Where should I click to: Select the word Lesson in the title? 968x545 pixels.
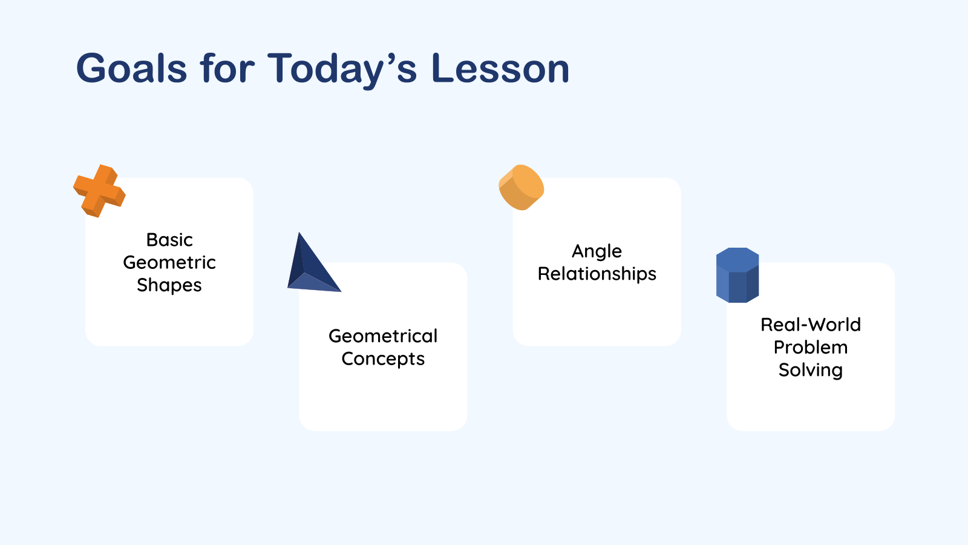point(500,68)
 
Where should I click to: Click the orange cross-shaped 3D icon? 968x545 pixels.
point(99,191)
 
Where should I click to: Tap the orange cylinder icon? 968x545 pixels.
point(520,188)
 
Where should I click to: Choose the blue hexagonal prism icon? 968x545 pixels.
point(737,275)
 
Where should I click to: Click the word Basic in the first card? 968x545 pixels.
point(169,240)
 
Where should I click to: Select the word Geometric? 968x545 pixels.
point(169,262)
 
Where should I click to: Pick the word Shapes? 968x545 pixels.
point(169,285)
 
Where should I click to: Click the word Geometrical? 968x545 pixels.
point(383,336)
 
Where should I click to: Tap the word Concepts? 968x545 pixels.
point(383,358)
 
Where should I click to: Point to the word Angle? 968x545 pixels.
point(597,251)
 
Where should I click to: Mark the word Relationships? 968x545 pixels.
point(597,274)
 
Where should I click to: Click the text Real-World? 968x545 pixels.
point(810,325)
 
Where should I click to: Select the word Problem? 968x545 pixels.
point(810,347)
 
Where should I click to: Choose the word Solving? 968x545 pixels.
point(810,369)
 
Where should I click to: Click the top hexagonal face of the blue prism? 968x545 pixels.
point(737,260)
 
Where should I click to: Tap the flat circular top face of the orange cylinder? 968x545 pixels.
point(528,182)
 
